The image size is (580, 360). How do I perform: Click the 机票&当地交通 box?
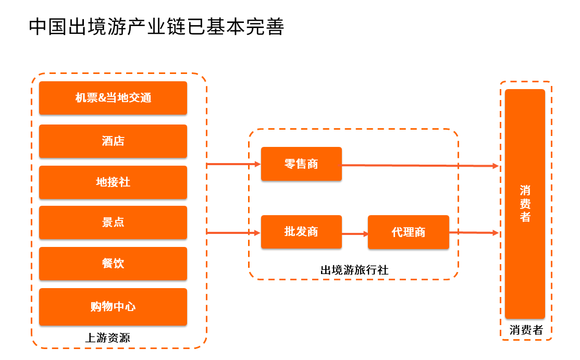113,97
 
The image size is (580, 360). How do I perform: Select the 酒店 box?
113,141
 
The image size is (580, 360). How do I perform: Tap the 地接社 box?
113,182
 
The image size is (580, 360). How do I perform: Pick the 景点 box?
113,222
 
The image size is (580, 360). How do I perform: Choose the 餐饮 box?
113,264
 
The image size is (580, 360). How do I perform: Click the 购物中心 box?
113,307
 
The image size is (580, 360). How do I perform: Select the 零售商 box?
301,164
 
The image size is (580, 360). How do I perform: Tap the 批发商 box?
301,232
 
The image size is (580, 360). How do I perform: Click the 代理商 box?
409,232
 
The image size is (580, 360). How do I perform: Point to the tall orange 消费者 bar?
525,204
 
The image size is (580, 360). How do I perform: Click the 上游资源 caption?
108,338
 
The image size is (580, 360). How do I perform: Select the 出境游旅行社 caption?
354,270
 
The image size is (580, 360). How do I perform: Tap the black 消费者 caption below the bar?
526,330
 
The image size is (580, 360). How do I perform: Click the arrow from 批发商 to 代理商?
355,234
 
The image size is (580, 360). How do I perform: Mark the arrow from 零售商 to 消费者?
420,166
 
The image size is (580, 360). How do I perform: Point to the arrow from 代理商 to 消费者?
474,233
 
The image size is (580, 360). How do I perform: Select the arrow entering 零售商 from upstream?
234,164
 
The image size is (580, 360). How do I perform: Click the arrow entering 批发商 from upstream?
234,233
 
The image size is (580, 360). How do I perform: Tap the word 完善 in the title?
265,27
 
